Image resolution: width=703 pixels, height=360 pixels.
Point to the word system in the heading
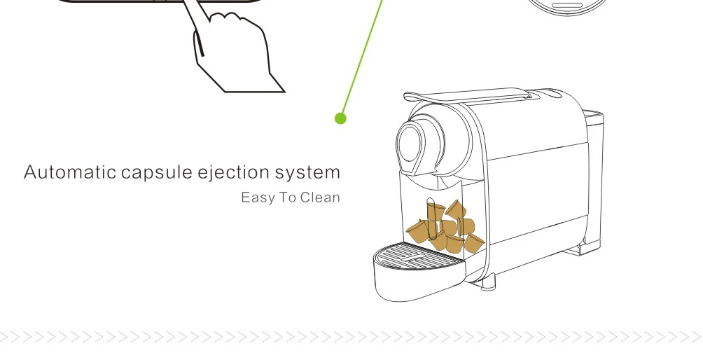click(307, 172)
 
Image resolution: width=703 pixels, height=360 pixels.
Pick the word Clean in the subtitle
click(320, 198)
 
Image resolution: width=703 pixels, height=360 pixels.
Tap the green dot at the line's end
click(341, 118)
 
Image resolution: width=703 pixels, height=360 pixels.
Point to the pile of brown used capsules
click(445, 227)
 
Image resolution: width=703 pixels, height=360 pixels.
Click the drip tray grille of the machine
click(418, 253)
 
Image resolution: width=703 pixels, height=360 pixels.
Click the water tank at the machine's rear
click(593, 175)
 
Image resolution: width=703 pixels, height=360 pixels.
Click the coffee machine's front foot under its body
click(488, 282)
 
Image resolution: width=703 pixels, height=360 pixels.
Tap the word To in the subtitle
click(288, 198)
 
